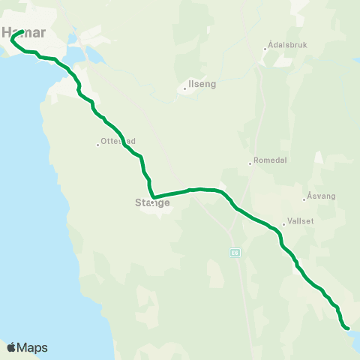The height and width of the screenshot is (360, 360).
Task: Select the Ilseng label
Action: pyautogui.click(x=202, y=85)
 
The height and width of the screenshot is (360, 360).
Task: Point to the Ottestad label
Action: pyautogui.click(x=118, y=140)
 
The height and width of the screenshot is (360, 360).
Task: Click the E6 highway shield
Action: pyautogui.click(x=234, y=252)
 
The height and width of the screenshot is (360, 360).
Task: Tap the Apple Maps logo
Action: pyautogui.click(x=27, y=347)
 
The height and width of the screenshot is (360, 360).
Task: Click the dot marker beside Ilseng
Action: pyautogui.click(x=184, y=89)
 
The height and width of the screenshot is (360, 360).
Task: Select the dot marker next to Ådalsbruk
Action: pyautogui.click(x=265, y=49)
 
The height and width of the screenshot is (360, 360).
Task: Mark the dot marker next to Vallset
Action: pyautogui.click(x=283, y=223)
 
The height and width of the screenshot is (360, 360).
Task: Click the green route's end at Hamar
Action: pyautogui.click(x=23, y=31)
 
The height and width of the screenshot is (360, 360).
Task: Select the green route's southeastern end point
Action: pyautogui.click(x=347, y=327)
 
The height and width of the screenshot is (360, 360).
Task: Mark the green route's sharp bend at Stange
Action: pyautogui.click(x=154, y=198)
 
